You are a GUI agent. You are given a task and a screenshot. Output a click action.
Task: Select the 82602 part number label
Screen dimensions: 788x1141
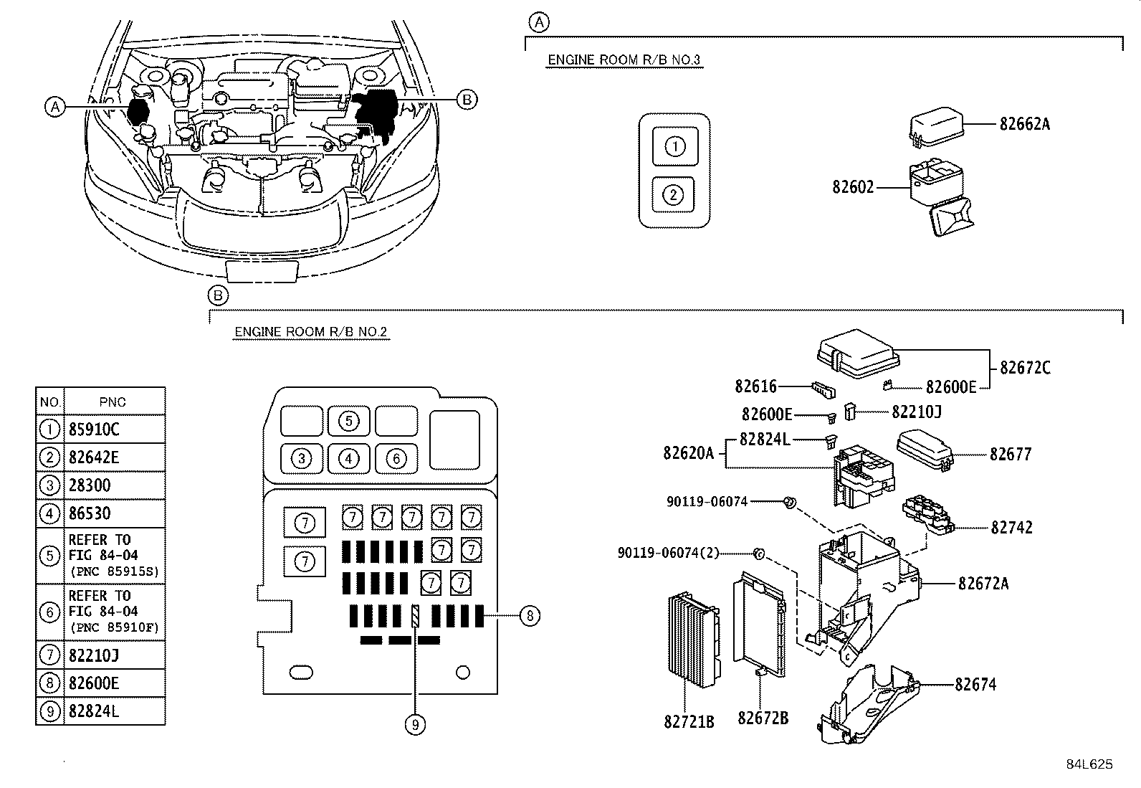tap(853, 187)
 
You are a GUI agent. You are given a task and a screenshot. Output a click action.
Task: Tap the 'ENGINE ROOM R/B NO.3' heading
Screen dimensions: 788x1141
tap(624, 60)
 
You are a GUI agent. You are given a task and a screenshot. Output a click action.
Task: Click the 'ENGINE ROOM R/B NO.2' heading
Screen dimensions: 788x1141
tap(311, 332)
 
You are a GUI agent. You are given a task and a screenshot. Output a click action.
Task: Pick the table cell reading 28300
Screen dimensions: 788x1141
tap(90, 485)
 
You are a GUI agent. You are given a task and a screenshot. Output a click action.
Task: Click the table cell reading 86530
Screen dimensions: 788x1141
tap(90, 513)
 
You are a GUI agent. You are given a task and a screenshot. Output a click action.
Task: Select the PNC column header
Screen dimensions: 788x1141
tap(113, 402)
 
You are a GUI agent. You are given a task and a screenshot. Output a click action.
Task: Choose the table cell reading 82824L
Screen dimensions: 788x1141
tap(95, 711)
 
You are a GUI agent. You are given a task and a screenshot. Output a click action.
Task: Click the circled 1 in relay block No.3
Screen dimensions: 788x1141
tap(675, 147)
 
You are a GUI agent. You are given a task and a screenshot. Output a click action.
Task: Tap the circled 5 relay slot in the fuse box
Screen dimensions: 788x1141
tap(348, 421)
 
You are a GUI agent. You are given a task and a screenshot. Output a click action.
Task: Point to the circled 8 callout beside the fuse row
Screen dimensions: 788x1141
tap(529, 615)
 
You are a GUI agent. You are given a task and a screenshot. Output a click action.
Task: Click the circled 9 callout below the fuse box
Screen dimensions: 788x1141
tap(415, 725)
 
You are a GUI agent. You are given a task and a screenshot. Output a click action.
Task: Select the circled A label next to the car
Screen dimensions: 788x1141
tap(54, 107)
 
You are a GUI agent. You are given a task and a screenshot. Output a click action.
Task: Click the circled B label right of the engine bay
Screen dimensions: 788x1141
tap(467, 100)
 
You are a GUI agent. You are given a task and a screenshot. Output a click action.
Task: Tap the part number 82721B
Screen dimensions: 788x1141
tap(689, 721)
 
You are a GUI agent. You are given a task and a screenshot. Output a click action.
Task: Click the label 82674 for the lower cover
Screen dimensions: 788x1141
tap(975, 685)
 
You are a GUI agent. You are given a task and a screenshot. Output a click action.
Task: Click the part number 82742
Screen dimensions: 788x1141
tap(1011, 527)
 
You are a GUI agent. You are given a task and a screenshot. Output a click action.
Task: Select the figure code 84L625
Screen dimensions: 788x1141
tap(1089, 764)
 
